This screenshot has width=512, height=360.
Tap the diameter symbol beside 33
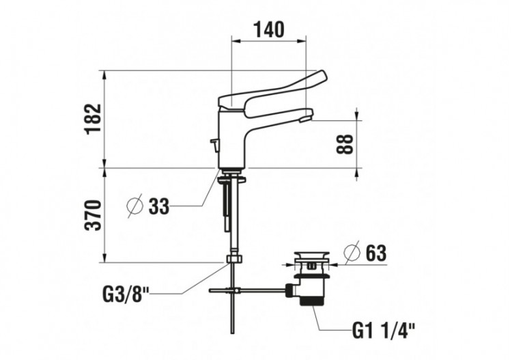135,205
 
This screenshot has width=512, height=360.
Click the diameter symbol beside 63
351,253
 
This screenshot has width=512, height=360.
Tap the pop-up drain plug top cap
311,256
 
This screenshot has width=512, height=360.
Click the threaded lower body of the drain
313,294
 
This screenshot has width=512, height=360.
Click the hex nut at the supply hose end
234,260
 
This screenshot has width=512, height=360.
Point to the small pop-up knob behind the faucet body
214,144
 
